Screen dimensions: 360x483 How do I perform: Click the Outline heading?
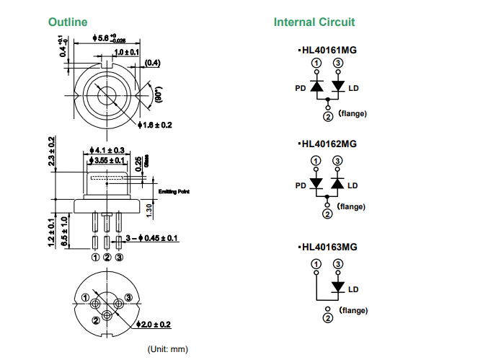click(x=68, y=22)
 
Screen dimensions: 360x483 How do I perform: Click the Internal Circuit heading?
click(x=314, y=22)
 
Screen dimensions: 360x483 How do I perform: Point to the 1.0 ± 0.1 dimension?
click(x=127, y=53)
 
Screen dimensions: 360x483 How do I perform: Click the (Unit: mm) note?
click(x=167, y=349)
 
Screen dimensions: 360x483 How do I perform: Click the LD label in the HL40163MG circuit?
click(x=353, y=290)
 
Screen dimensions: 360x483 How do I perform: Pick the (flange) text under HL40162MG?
click(x=351, y=207)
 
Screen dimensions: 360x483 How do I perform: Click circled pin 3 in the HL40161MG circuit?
click(x=337, y=63)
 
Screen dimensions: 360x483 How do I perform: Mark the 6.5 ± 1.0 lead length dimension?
click(x=64, y=232)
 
